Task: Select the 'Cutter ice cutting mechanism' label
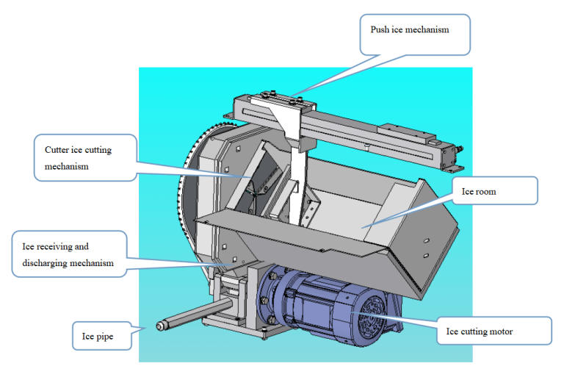tap(84, 157)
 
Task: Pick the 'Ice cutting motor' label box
tap(493, 331)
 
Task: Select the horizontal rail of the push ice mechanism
tap(367, 130)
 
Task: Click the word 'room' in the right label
tap(482, 192)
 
